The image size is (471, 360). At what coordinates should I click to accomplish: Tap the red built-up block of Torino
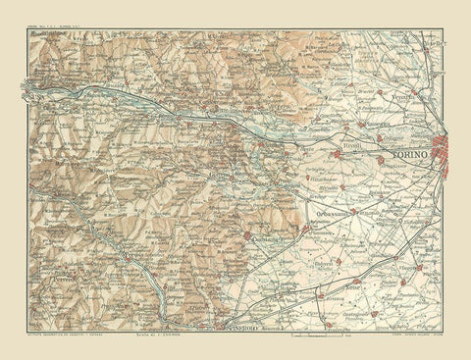pyautogui.click(x=447, y=154)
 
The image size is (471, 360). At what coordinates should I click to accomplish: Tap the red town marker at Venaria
pyautogui.click(x=416, y=95)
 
